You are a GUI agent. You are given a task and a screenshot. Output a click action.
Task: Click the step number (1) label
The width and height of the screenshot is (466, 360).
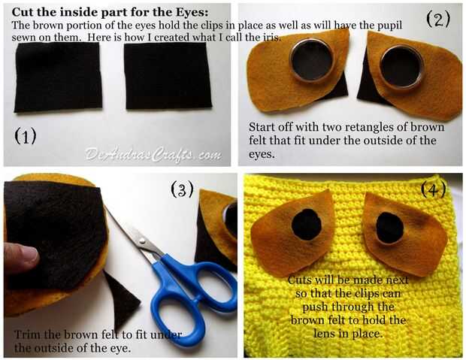click(26, 137)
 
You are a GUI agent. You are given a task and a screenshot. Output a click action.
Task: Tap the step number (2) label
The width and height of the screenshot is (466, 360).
click(438, 19)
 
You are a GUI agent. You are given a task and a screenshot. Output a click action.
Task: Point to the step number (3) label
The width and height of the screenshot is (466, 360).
click(182, 189)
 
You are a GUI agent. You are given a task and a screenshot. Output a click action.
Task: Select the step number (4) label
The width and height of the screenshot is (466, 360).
click(434, 189)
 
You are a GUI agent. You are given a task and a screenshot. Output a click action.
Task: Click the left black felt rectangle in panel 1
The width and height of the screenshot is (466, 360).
click(59, 77)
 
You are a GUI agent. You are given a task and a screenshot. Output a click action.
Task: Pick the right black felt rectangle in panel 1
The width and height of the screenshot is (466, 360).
click(168, 76)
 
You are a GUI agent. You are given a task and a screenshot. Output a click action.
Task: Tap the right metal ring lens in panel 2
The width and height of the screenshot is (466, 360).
click(402, 67)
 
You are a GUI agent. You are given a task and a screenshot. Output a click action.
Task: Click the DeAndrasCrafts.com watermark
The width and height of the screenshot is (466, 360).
click(153, 155)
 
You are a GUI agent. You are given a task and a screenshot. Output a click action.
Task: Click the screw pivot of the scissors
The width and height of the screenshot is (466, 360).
click(142, 241)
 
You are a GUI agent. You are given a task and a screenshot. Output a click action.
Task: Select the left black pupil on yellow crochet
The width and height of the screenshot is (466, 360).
click(307, 225)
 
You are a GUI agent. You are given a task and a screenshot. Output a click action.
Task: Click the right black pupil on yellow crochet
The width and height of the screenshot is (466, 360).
click(389, 228)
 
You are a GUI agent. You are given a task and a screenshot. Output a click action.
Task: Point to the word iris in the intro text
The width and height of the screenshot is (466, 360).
click(271, 38)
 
